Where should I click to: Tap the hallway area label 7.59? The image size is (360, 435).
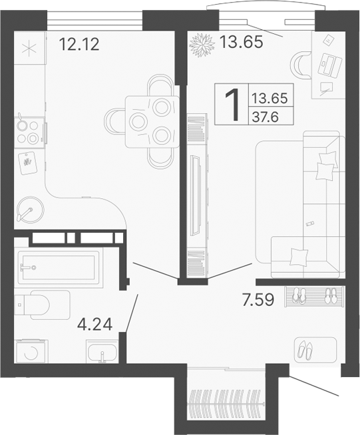pyautogui.click(x=258, y=301)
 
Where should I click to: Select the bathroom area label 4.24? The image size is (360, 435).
pyautogui.click(x=95, y=326)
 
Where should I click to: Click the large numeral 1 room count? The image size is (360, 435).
pyautogui.click(x=232, y=106)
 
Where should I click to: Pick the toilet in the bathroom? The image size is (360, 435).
pyautogui.click(x=40, y=305)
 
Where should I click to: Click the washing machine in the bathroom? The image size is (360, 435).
pyautogui.click(x=31, y=352)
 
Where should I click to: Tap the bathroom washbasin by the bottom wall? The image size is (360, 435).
pyautogui.click(x=102, y=352)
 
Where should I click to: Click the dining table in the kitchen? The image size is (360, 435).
pyautogui.click(x=152, y=120)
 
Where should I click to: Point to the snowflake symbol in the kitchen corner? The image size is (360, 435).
pyautogui.click(x=29, y=49)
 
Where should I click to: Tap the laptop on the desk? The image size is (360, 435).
pyautogui.click(x=329, y=63)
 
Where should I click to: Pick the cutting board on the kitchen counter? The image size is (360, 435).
pyautogui.click(x=27, y=162)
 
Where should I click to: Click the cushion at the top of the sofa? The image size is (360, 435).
pyautogui.click(x=325, y=167)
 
